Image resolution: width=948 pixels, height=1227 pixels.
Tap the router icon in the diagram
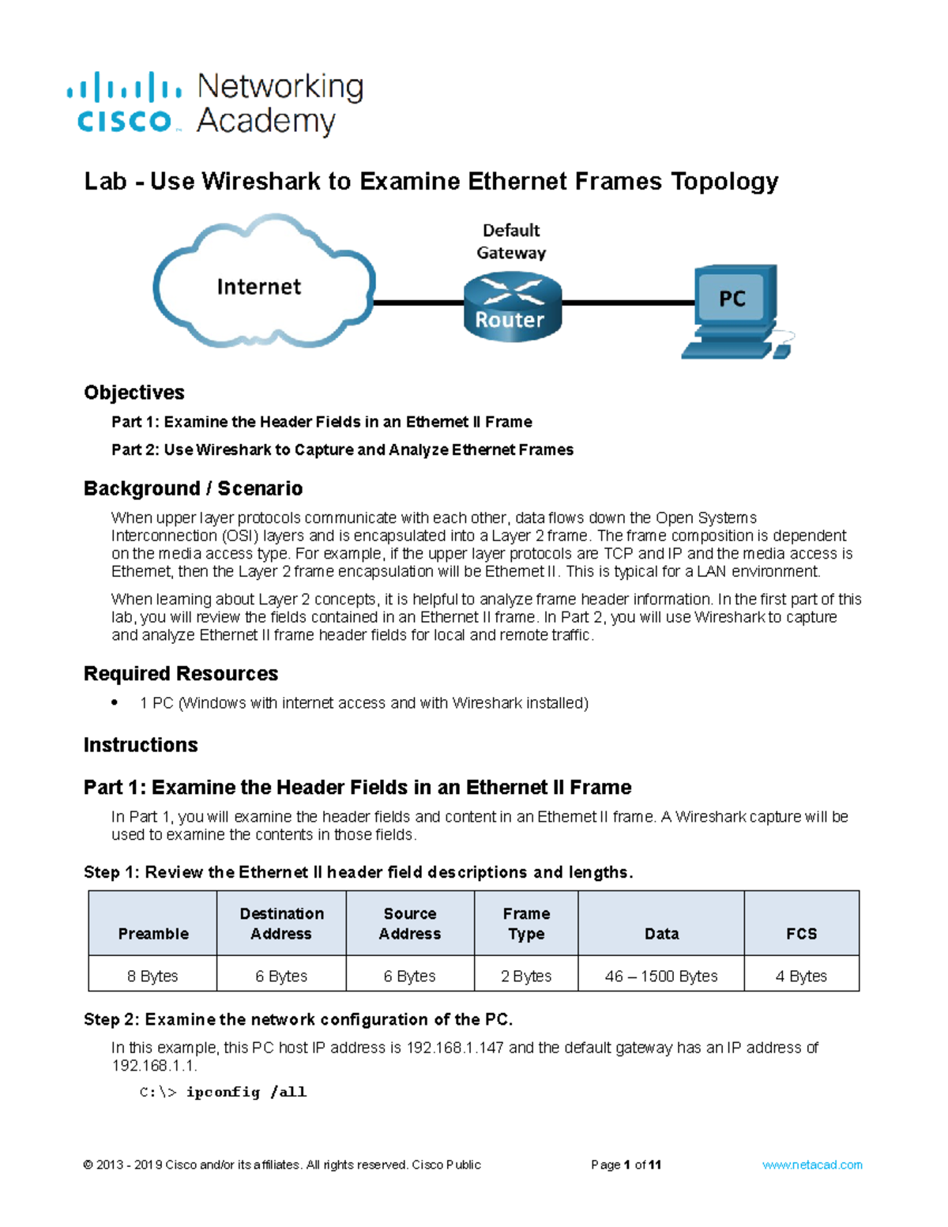[511, 307]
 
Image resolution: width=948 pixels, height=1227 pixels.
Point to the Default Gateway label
[511, 241]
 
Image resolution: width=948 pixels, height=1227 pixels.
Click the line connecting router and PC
[628, 303]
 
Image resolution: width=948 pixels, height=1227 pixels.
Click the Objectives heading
[134, 393]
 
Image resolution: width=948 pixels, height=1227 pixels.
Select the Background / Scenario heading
[193, 488]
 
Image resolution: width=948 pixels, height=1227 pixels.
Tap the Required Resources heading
[181, 673]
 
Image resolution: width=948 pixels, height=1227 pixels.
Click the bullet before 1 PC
[115, 702]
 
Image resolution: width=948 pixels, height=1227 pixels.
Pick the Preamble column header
[153, 933]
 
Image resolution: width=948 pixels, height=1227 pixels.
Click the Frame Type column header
[526, 924]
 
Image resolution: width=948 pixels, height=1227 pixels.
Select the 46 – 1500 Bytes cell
[661, 976]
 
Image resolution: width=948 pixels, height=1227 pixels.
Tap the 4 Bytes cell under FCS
[801, 976]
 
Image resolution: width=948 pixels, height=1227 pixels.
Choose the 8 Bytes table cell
[152, 976]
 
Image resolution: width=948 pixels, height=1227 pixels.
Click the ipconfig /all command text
[246, 1092]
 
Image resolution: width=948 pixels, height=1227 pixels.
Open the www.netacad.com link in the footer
[812, 1165]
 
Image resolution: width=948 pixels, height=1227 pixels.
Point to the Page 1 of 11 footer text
[626, 1165]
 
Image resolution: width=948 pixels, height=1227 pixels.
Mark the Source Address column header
[410, 924]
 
